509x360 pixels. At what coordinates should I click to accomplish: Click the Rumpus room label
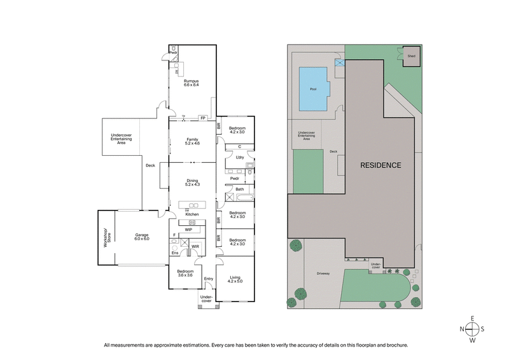pyautogui.click(x=192, y=83)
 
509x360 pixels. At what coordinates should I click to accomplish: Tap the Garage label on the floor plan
pyautogui.click(x=141, y=237)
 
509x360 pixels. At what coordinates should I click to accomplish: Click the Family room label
pyautogui.click(x=192, y=141)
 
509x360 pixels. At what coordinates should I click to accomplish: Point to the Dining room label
pyautogui.click(x=192, y=183)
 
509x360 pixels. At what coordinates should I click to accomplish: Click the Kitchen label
pyautogui.click(x=192, y=214)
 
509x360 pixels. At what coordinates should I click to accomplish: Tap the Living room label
pyautogui.click(x=235, y=279)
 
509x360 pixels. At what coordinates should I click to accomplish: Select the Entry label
pyautogui.click(x=208, y=279)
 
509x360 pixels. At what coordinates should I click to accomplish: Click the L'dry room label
pyautogui.click(x=240, y=157)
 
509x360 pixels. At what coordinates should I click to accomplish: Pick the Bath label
pyautogui.click(x=240, y=190)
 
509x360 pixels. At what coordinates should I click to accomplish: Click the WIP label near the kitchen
pyautogui.click(x=188, y=229)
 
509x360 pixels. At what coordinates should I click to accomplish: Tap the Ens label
pyautogui.click(x=175, y=253)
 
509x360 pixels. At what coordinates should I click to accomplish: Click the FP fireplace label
pyautogui.click(x=202, y=118)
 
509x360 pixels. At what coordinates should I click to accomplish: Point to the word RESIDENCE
pyautogui.click(x=380, y=165)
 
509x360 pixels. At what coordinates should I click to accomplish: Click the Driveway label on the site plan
pyautogui.click(x=322, y=273)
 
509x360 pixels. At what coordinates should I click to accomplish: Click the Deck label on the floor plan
pyautogui.click(x=150, y=166)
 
